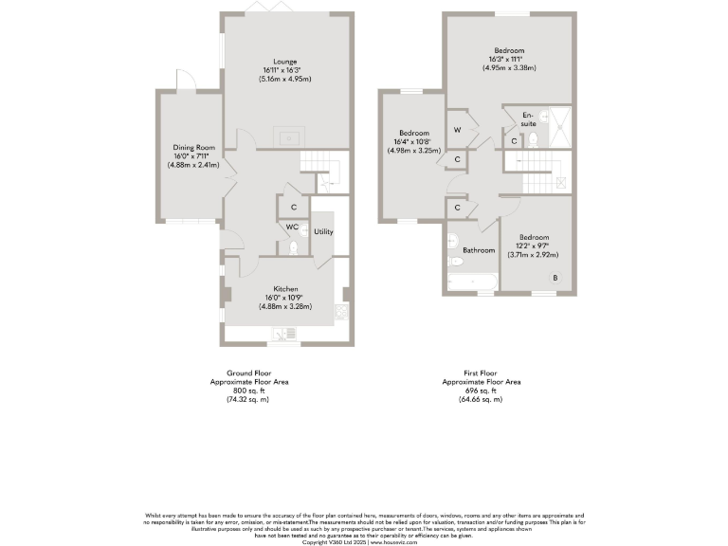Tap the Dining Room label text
click(x=194, y=147)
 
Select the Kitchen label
click(x=286, y=288)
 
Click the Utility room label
click(x=323, y=231)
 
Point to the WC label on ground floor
click(x=292, y=227)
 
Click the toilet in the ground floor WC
click(x=295, y=247)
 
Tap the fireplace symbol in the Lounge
click(x=286, y=136)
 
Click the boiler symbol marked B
click(x=555, y=277)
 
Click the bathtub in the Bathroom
click(x=471, y=282)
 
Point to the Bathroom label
click(x=479, y=250)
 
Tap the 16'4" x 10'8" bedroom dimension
click(x=414, y=142)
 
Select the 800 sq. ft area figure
click(x=249, y=390)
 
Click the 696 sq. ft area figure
click(x=481, y=390)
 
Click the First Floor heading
click(x=481, y=373)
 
